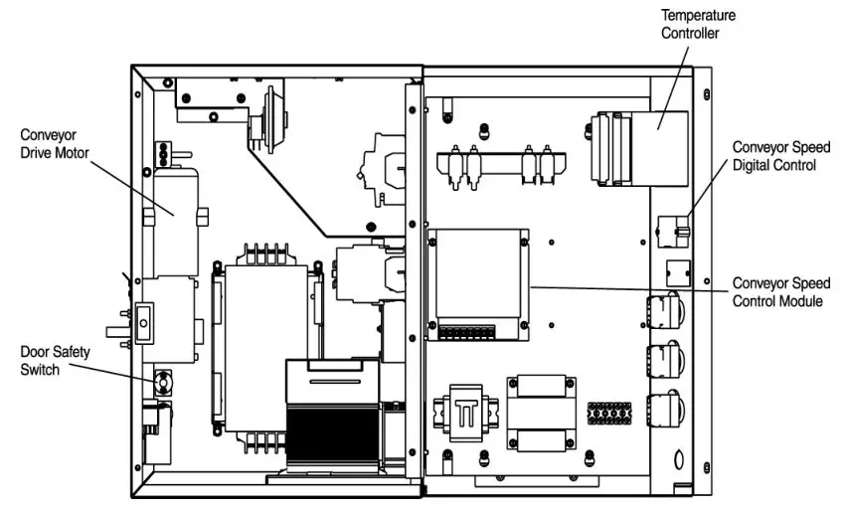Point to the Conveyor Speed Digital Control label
pos(780,156)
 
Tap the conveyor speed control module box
pos(477,282)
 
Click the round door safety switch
pos(162,381)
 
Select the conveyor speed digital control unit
pos(674,230)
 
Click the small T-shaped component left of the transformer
pos(463,410)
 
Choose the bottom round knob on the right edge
pos(663,409)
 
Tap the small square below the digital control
pos(675,269)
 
